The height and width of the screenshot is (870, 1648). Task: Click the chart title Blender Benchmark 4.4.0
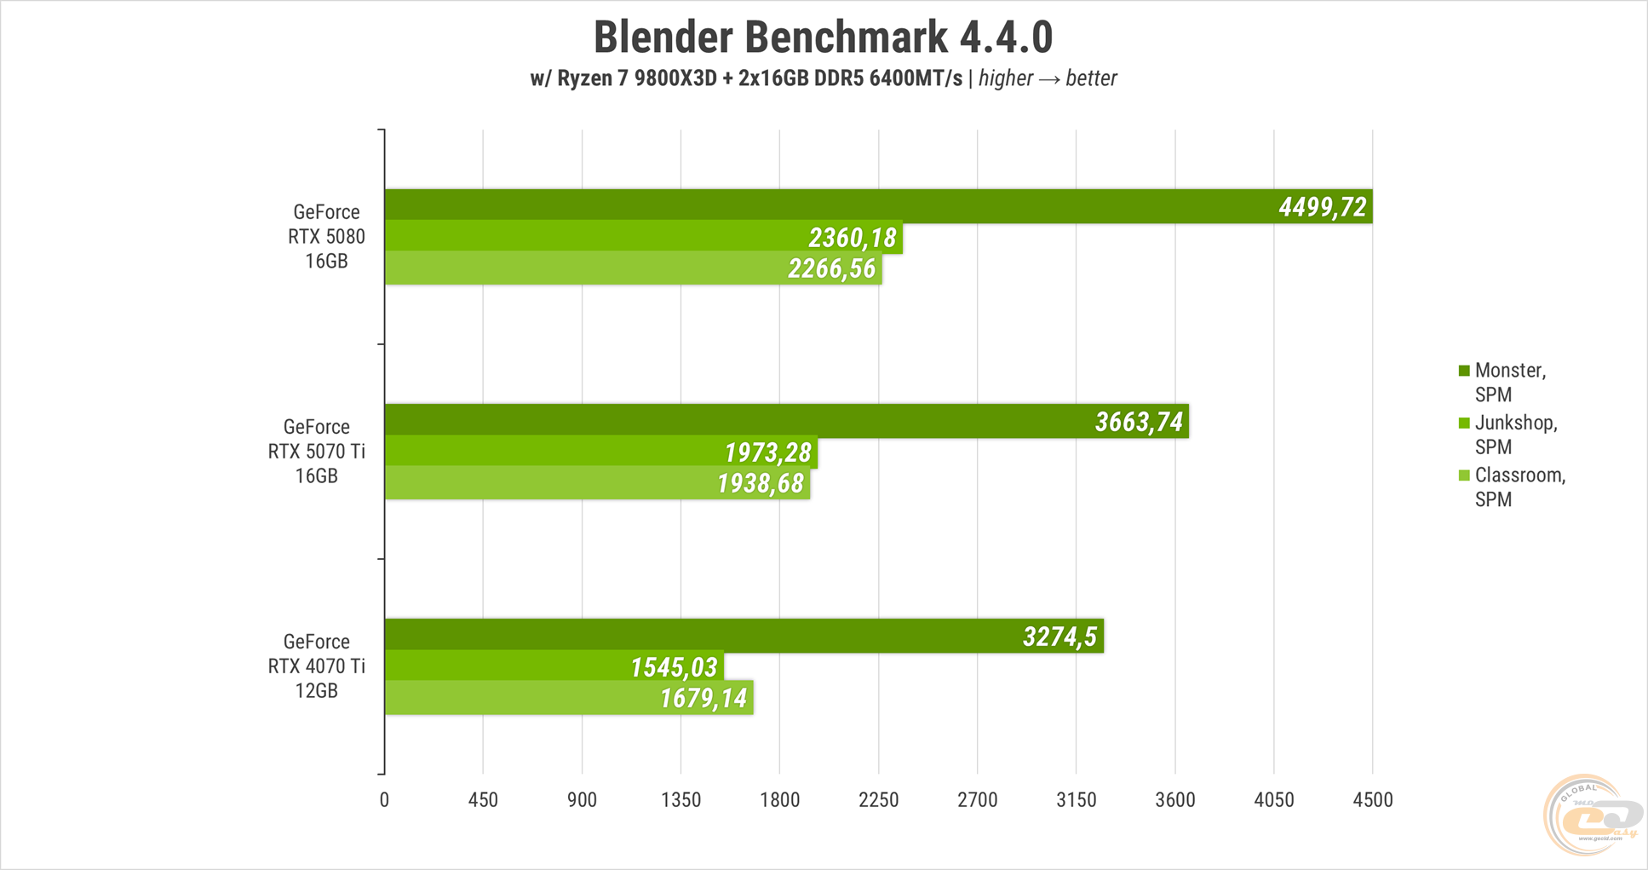click(823, 37)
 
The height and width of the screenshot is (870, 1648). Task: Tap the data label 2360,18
click(852, 238)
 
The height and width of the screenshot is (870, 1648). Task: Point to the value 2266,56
click(831, 269)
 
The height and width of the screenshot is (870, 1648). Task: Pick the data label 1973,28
click(767, 452)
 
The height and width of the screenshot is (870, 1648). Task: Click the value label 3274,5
click(1059, 637)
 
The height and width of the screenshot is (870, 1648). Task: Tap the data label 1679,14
click(703, 699)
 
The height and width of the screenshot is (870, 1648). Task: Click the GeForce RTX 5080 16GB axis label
click(326, 236)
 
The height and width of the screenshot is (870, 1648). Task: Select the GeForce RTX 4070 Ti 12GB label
click(316, 665)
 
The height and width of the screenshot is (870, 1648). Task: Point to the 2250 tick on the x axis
click(878, 800)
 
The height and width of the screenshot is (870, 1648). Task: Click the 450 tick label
click(483, 800)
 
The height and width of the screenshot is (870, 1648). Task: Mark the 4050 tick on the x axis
click(1273, 800)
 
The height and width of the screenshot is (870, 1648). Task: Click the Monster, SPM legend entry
click(1509, 382)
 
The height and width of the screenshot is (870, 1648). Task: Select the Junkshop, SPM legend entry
click(1515, 435)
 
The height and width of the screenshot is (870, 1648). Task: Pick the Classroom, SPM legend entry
click(1519, 487)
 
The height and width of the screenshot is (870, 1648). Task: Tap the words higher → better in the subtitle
click(1047, 78)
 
